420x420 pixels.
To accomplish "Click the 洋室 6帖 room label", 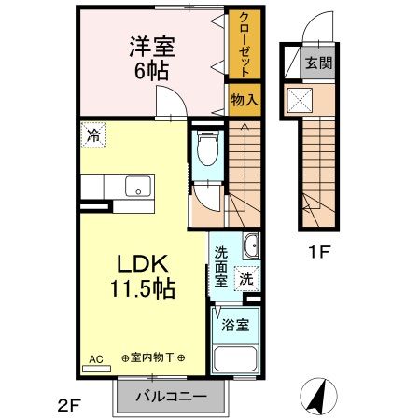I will pos(149,58).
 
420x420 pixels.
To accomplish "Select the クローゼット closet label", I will pos(243,45).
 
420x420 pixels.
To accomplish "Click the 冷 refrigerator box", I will pos(93,134).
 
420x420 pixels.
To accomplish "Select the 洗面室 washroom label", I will pos(221,265).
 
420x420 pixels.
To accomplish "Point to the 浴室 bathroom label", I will pos(235,326).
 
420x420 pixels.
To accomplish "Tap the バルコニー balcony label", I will pos(171,396).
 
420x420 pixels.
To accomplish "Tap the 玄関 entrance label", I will pos(319,63).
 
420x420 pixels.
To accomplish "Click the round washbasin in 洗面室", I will pos(250,247).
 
